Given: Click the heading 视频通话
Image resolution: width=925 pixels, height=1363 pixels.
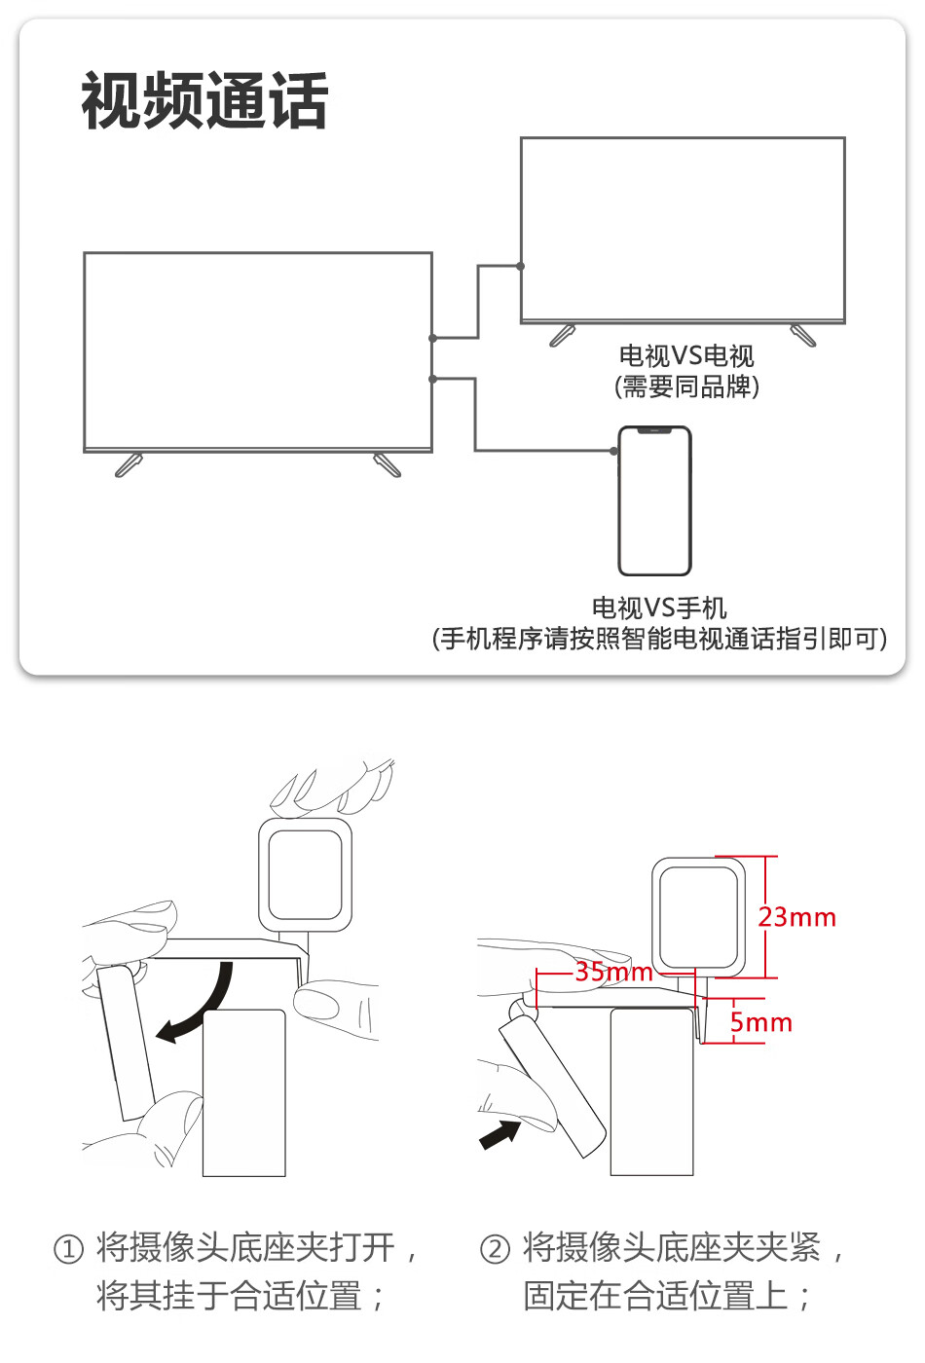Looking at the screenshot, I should tap(204, 100).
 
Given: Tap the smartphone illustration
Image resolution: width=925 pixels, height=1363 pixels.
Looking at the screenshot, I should tap(655, 500).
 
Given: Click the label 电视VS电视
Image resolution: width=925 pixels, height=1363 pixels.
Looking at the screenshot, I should tap(686, 356).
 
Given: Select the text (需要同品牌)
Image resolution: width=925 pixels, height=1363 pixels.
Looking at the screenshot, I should tap(686, 387).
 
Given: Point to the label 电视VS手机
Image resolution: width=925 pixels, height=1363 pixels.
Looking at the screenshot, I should tap(659, 608).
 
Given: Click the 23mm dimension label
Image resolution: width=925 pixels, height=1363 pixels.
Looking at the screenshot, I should tap(796, 917).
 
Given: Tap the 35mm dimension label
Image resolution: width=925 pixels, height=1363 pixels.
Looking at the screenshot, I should tap(613, 972).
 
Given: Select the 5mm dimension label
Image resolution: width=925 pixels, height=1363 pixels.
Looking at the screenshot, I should tap(760, 1022).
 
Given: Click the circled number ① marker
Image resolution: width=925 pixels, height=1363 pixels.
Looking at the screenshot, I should tap(68, 1249).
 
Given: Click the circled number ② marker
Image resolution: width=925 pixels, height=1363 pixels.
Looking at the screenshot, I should tap(496, 1249).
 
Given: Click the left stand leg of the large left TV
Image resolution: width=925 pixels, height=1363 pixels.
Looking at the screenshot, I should tap(129, 465).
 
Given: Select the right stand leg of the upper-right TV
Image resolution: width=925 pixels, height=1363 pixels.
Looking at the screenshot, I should tap(803, 336).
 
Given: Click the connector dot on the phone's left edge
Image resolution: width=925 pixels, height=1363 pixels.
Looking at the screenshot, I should tap(614, 451).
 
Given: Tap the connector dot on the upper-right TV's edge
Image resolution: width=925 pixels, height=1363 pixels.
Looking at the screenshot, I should tap(521, 266).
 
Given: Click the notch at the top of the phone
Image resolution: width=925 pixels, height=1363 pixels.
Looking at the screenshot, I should tap(655, 429).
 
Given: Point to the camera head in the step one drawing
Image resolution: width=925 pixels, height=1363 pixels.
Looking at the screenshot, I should tap(305, 874).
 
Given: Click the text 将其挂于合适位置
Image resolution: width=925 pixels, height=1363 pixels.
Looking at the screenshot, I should tap(230, 1296).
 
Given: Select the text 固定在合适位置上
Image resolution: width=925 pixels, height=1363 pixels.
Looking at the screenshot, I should tap(655, 1296).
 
